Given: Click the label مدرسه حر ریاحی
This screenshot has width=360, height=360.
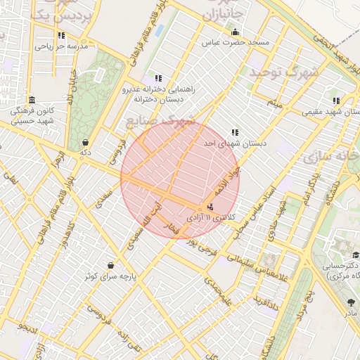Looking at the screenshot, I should pyautogui.click(x=63, y=47).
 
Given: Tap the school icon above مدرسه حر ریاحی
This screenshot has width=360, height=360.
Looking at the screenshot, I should pyautogui.click(x=62, y=35).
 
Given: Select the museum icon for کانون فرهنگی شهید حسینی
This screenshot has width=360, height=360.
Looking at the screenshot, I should pyautogui.click(x=32, y=100).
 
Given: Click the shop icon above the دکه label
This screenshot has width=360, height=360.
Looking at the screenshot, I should pyautogui.click(x=85, y=142).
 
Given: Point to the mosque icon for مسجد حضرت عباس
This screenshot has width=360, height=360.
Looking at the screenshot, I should pyautogui.click(x=235, y=32).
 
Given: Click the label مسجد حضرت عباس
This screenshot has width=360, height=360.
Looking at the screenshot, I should pyautogui.click(x=243, y=43).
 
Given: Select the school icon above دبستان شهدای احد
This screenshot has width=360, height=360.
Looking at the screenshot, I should pyautogui.click(x=235, y=132).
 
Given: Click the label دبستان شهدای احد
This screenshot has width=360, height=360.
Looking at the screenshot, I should pyautogui.click(x=235, y=143).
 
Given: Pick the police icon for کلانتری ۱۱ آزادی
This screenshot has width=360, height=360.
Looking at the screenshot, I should pyautogui.click(x=210, y=207).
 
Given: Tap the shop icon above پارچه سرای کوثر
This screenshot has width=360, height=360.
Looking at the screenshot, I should pyautogui.click(x=111, y=266).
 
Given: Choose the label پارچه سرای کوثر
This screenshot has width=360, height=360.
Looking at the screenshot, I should pyautogui.click(x=111, y=276).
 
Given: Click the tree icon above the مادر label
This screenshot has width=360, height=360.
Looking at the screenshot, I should pyautogui.click(x=350, y=302).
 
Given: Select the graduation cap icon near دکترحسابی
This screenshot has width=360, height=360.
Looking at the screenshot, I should pyautogui.click(x=356, y=255).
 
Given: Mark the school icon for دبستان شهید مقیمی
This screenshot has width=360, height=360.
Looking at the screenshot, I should pyautogui.click(x=336, y=101).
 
